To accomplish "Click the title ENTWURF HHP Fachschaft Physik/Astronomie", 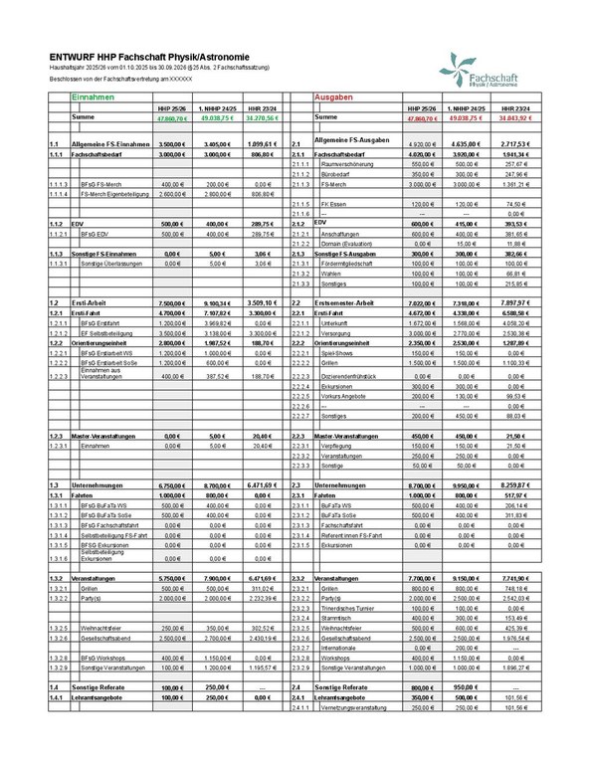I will (x=134, y=57).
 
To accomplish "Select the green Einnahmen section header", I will (x=95, y=99).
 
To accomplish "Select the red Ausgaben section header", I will (x=334, y=99).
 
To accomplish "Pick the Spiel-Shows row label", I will (x=337, y=351).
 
